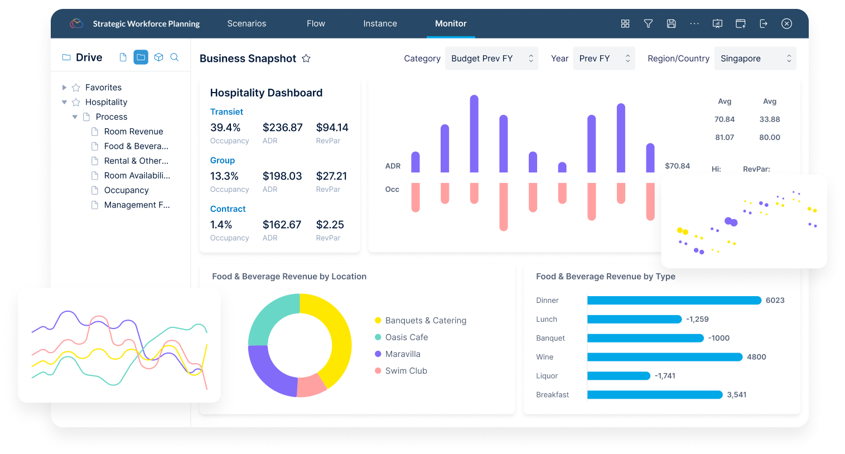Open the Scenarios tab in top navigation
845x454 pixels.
click(247, 23)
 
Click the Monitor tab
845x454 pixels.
click(451, 23)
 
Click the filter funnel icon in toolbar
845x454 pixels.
click(648, 23)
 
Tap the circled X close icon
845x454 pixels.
click(786, 23)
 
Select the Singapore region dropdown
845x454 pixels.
click(755, 59)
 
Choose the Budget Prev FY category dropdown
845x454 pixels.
click(491, 59)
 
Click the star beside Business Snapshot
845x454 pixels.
click(306, 59)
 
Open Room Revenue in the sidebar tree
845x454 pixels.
click(133, 132)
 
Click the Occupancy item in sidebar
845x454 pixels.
click(126, 190)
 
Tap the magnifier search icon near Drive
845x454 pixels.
click(175, 57)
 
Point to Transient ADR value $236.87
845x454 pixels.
click(282, 128)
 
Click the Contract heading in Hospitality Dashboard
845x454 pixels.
click(228, 209)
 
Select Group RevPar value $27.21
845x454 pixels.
click(331, 176)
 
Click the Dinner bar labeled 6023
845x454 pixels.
click(674, 301)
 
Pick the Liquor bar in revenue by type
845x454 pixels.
click(619, 376)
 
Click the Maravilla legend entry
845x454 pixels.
click(402, 354)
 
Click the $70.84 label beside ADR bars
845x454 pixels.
click(677, 166)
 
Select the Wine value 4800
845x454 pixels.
click(756, 357)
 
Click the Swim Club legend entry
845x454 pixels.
click(405, 371)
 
